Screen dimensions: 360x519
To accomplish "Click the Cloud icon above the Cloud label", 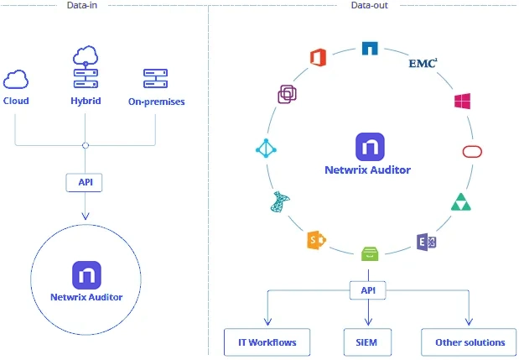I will click(x=15, y=80).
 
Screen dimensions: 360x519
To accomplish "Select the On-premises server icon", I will click(x=157, y=80).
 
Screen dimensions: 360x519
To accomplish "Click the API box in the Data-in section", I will click(x=86, y=180).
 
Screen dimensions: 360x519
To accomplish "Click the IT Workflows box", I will click(x=267, y=342).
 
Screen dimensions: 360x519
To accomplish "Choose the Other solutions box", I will click(x=470, y=342).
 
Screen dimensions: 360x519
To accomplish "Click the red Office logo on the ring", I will click(x=317, y=57).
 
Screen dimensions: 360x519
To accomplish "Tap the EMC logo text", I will click(x=423, y=63).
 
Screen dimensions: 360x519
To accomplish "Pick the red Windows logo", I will click(x=462, y=102).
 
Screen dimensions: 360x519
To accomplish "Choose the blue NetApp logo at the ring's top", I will click(x=370, y=49).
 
